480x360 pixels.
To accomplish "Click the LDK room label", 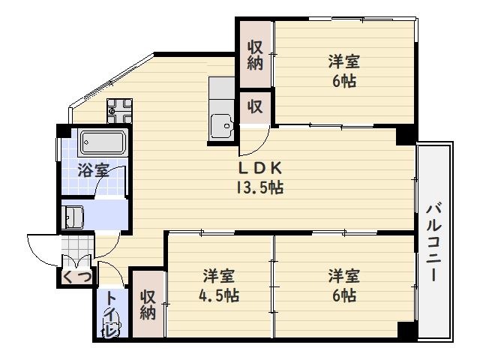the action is (x=259, y=168).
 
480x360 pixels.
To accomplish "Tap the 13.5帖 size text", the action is (x=259, y=187).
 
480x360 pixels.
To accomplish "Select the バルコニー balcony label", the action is (x=433, y=243).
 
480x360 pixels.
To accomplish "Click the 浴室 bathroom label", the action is (x=93, y=170).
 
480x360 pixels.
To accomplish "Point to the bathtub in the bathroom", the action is (x=103, y=142).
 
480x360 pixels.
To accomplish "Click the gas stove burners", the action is (x=119, y=111).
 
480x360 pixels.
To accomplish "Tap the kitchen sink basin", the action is (x=221, y=126).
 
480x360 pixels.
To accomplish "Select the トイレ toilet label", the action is (x=110, y=313).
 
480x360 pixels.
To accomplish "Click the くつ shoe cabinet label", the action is (x=76, y=277).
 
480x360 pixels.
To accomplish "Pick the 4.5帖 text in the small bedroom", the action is (x=219, y=296).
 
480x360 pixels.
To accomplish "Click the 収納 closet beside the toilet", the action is (x=148, y=305).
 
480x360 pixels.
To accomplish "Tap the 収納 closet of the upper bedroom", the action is (x=255, y=55).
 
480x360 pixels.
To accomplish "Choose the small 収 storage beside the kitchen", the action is (x=255, y=107).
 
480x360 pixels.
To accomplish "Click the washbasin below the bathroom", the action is (x=72, y=217).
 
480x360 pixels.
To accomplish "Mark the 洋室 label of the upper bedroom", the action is (x=344, y=61).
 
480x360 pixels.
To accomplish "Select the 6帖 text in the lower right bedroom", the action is (x=344, y=295).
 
